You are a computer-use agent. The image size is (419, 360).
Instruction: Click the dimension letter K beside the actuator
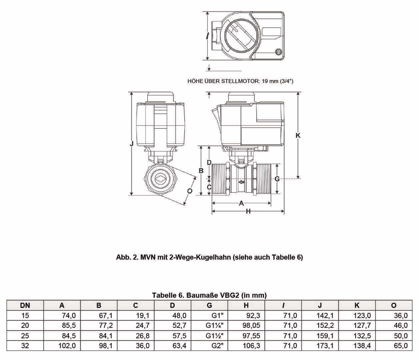pos(298,135)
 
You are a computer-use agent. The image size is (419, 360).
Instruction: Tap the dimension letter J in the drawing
pos(132,144)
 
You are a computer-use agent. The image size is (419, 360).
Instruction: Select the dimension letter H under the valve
pos(248,211)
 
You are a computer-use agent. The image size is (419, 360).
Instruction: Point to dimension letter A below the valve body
pos(241,203)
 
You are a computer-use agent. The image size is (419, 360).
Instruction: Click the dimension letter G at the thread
pos(277,179)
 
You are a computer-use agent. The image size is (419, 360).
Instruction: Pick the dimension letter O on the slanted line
pos(190,191)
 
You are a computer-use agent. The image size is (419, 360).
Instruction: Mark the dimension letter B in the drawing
pos(201,171)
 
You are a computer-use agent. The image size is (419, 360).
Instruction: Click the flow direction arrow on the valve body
pos(241,182)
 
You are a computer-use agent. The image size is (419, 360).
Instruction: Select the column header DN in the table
pos(25,305)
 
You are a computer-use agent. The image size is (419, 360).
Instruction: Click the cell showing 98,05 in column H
pos(251,326)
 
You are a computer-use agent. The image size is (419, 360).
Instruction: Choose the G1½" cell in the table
pos(214,336)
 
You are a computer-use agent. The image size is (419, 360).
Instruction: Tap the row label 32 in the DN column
pos(25,346)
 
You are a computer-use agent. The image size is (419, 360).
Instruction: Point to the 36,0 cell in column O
pos(401,315)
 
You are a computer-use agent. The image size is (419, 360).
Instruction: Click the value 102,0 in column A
pos(67,346)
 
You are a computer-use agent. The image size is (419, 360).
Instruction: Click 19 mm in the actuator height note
pos(270,81)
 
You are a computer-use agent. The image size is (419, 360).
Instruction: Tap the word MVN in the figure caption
pos(148,257)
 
